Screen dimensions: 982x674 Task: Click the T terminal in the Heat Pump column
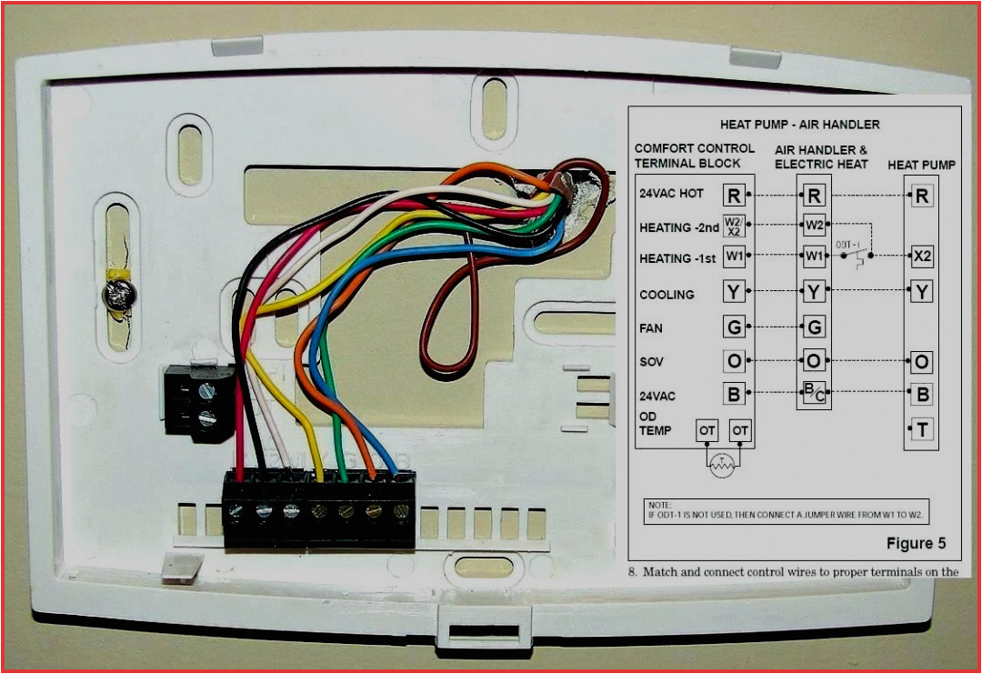click(922, 429)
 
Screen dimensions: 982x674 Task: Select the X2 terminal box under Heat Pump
click(922, 257)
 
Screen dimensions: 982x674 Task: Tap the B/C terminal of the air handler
click(814, 396)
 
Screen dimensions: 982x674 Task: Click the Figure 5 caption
click(916, 544)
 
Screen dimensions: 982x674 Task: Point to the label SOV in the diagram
click(651, 362)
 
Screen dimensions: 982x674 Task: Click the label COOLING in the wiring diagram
click(666, 295)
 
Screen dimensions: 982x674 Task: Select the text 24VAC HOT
click(671, 194)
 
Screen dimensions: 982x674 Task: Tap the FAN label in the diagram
click(651, 328)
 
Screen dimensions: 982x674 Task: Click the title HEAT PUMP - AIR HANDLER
click(799, 124)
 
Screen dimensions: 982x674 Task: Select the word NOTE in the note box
click(658, 504)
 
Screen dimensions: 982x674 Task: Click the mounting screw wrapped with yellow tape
click(117, 295)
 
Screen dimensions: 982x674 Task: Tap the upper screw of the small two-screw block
click(206, 392)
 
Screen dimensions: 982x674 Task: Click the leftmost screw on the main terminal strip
click(236, 512)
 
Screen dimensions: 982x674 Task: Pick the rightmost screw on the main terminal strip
click(400, 512)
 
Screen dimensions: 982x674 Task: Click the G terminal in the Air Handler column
click(814, 327)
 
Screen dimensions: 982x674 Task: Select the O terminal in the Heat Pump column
click(922, 362)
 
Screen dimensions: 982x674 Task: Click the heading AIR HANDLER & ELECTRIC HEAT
click(820, 156)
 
